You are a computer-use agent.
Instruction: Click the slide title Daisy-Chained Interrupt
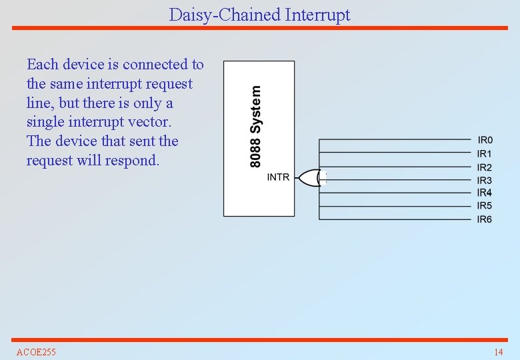click(x=259, y=15)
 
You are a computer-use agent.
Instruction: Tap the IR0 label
click(x=485, y=140)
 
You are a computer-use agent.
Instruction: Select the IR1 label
click(x=485, y=153)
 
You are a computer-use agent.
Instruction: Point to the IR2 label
click(x=485, y=167)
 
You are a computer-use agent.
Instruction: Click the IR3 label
click(x=485, y=180)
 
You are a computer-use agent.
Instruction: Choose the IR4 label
click(x=485, y=193)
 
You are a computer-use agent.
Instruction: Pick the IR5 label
click(x=485, y=206)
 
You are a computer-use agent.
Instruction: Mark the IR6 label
click(x=485, y=219)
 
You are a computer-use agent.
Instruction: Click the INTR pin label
click(x=278, y=177)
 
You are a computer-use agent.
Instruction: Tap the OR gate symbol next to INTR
click(x=308, y=177)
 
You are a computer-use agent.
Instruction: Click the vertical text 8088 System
click(x=256, y=126)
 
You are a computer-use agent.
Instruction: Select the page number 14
click(x=498, y=352)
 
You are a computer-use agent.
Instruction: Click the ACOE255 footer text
click(x=36, y=352)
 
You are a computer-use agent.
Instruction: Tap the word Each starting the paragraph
click(x=41, y=65)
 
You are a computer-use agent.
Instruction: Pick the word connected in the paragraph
click(x=155, y=65)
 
